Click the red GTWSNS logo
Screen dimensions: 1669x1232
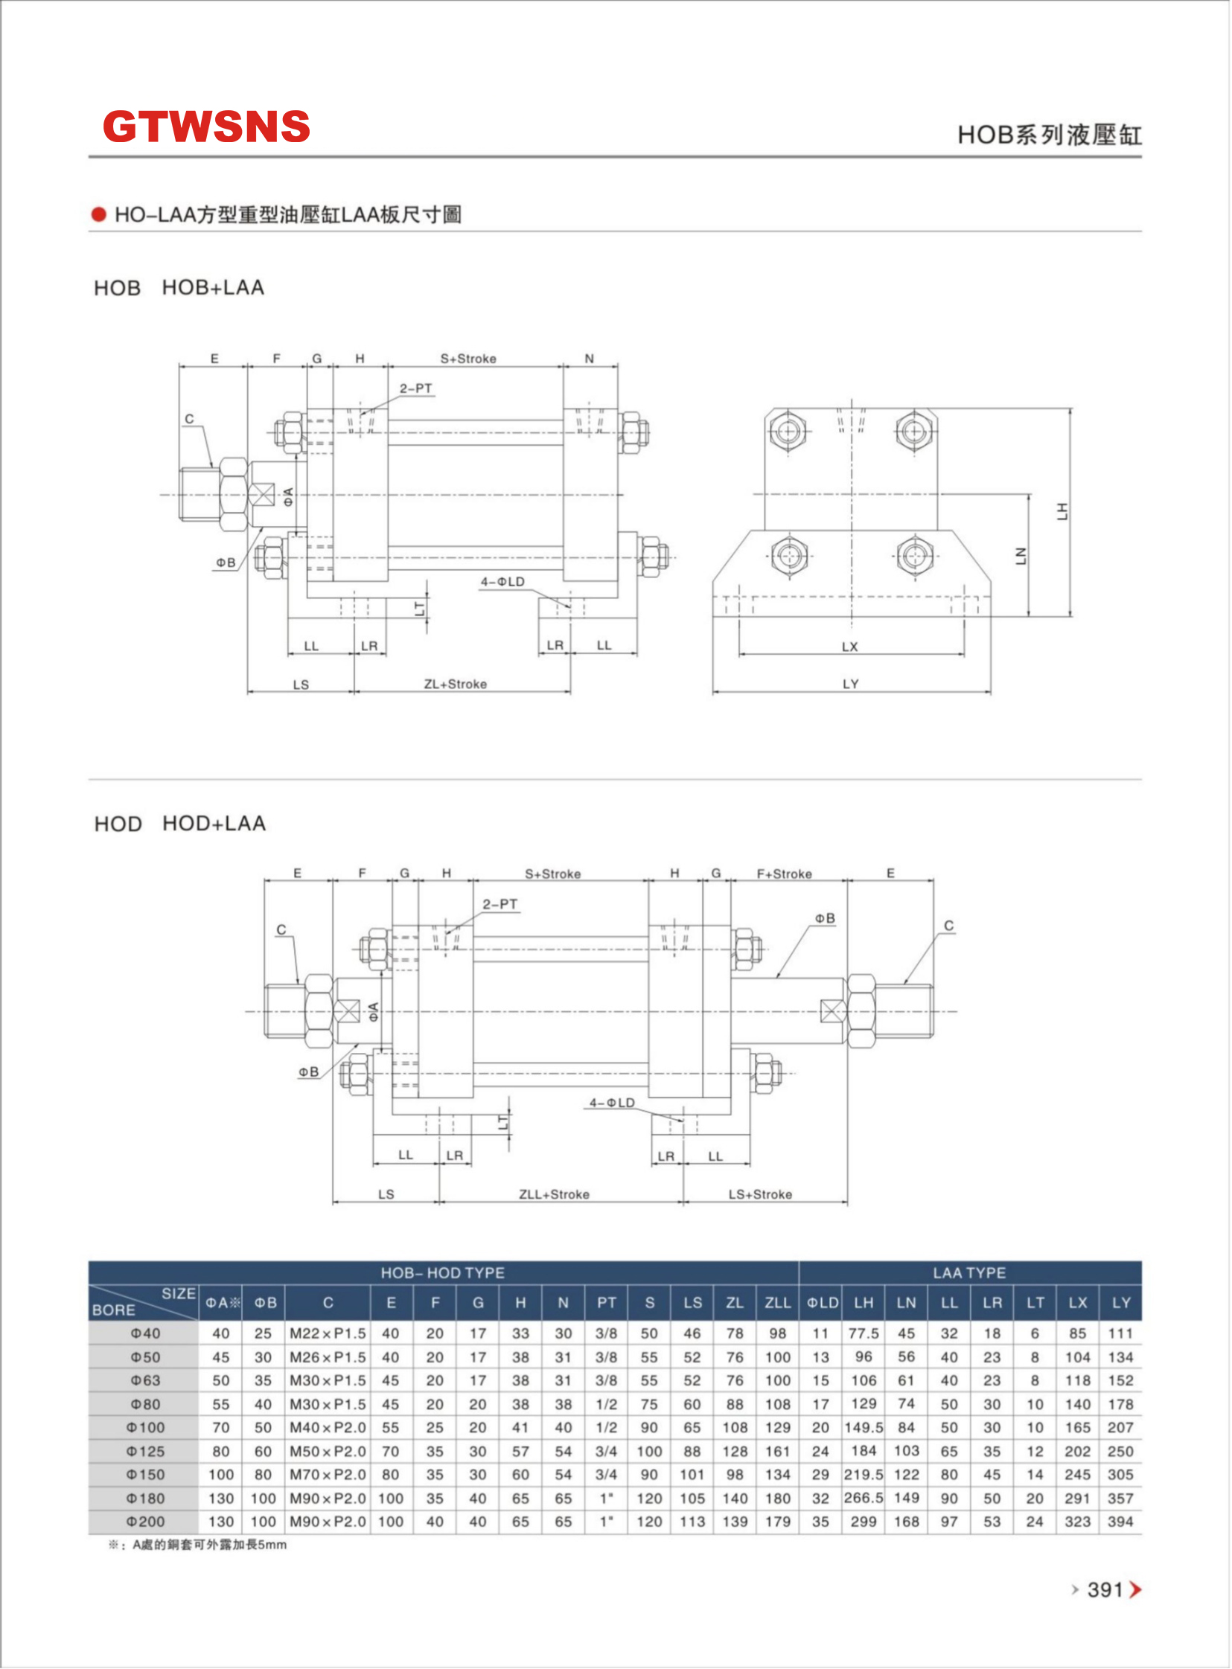(x=206, y=126)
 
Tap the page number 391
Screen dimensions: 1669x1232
(x=1105, y=1590)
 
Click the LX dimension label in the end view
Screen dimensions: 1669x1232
(x=849, y=647)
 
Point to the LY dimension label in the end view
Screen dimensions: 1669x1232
(x=850, y=684)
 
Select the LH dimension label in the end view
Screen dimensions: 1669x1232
(x=1062, y=511)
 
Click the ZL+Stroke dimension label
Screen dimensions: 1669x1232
(x=455, y=684)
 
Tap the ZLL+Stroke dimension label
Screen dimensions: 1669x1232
(x=554, y=1194)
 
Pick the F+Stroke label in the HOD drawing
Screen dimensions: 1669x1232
(x=784, y=874)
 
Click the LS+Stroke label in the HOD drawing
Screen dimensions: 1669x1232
(x=760, y=1194)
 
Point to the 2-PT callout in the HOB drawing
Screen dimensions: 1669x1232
(x=415, y=388)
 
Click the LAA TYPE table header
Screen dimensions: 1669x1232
(x=968, y=1272)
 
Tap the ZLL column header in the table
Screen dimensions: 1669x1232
(x=777, y=1302)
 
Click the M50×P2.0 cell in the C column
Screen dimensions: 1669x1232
(x=328, y=1451)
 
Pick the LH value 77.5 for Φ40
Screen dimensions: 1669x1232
(x=863, y=1333)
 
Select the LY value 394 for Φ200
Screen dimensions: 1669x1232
(x=1120, y=1522)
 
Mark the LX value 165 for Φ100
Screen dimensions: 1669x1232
(x=1077, y=1427)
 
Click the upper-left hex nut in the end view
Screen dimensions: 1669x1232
(x=788, y=430)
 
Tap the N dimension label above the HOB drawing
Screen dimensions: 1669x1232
(x=589, y=359)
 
